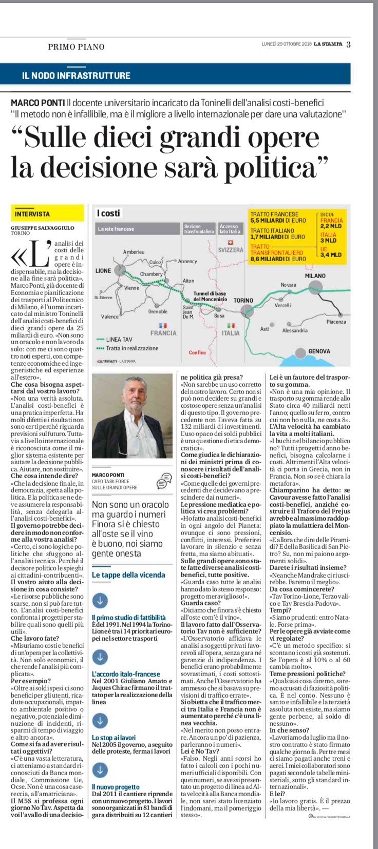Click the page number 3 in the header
coord(348,44)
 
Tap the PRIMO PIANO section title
coord(76,47)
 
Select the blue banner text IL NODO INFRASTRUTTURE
coord(76,75)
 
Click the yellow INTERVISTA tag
coord(32,213)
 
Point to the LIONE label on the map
coord(103,271)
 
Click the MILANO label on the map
coord(315,275)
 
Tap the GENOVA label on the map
coord(319,351)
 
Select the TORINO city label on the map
coord(243,300)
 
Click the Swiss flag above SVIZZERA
coord(230,243)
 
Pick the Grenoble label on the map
coord(158,311)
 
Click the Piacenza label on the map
coord(336,322)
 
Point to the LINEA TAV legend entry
coord(119,339)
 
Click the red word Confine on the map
coord(197,352)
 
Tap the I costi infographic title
coord(108,213)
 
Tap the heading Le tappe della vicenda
coord(128,575)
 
